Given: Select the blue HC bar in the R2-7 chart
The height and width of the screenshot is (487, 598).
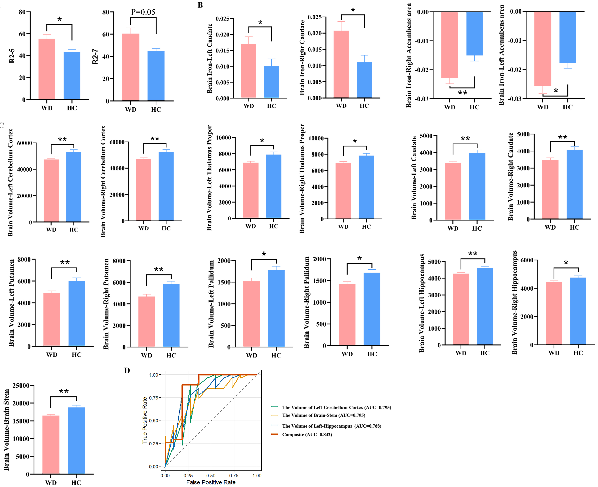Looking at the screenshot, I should [156, 76].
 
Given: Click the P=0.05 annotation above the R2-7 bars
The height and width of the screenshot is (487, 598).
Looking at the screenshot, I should [143, 12].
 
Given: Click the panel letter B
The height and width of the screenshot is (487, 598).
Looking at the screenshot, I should [200, 5].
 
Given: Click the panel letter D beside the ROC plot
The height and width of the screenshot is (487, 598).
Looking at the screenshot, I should [127, 371].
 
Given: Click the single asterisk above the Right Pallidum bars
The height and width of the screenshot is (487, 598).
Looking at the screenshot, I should [359, 258].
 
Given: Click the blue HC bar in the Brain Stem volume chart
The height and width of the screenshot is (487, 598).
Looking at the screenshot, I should [76, 440].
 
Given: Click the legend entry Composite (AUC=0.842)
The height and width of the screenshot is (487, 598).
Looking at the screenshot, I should [307, 435].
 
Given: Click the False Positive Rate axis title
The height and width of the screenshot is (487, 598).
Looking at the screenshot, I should [211, 482].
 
